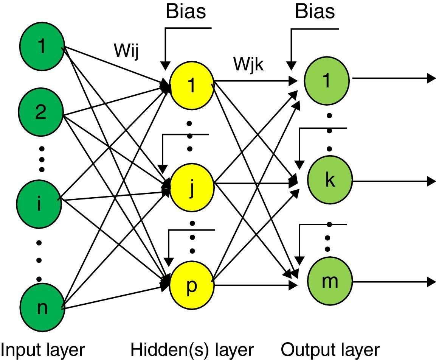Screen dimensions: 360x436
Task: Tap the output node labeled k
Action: [x=329, y=181]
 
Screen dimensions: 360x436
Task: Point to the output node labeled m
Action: [x=329, y=281]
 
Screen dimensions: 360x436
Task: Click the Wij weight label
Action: [x=126, y=51]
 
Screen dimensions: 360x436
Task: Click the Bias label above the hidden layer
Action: [x=186, y=11]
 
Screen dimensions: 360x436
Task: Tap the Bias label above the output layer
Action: [x=315, y=11]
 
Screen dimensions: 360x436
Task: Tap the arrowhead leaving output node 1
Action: [x=432, y=78]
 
